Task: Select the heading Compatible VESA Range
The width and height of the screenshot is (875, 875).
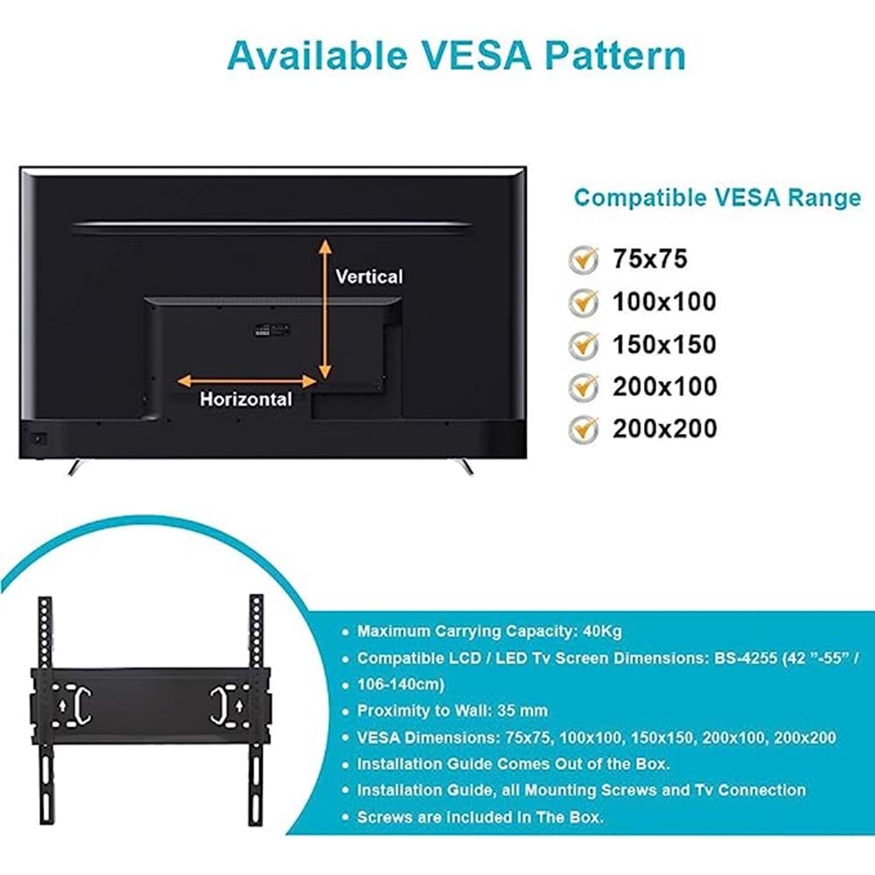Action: tap(717, 198)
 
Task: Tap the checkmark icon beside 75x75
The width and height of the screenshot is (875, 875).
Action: tap(584, 259)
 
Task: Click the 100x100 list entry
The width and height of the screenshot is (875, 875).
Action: tap(664, 302)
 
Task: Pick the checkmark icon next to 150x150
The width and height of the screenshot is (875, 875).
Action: tap(584, 344)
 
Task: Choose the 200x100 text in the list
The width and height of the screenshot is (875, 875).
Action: tap(664, 386)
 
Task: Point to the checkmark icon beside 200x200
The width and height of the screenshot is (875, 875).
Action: tap(584, 429)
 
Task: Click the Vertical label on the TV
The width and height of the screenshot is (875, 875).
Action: tap(369, 276)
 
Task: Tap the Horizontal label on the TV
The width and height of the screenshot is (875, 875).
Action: tap(246, 400)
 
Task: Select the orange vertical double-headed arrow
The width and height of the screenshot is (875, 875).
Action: tap(325, 308)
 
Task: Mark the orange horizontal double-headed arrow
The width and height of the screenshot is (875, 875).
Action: tap(247, 381)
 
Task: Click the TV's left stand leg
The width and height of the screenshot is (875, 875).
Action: tap(76, 467)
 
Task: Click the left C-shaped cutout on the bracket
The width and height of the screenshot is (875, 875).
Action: tap(83, 704)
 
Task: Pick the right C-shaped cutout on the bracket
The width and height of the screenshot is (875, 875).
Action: tap(218, 704)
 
